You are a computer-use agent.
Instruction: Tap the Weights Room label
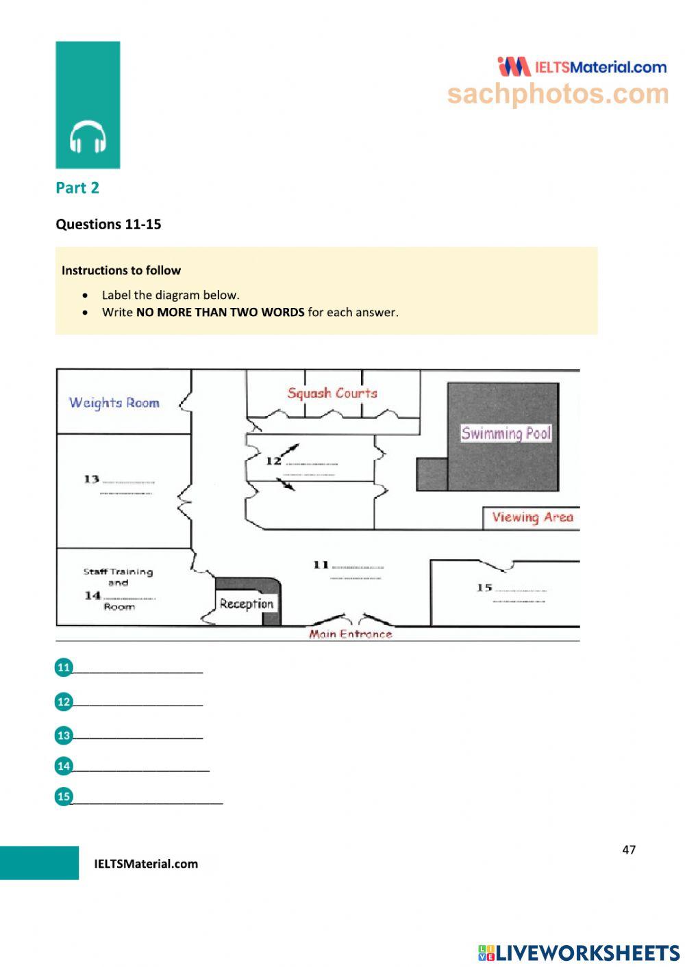[x=114, y=403]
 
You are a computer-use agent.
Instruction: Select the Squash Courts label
[x=332, y=394]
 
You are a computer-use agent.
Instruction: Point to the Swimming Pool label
[x=506, y=433]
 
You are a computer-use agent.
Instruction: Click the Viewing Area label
[x=532, y=518]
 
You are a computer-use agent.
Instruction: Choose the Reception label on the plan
[x=247, y=604]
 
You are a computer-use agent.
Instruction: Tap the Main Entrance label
[x=351, y=634]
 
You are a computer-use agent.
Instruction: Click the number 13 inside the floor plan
[x=92, y=479]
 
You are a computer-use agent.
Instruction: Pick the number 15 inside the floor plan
[x=484, y=587]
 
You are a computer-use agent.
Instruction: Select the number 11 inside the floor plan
[x=321, y=565]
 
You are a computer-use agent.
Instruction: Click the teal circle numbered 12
[x=64, y=701]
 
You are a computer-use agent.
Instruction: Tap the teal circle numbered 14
[x=64, y=766]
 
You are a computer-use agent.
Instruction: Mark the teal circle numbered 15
[x=64, y=796]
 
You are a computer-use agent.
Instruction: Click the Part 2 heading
[x=77, y=188]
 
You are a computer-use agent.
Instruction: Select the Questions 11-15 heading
[x=108, y=224]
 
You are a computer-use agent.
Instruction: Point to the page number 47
[x=629, y=850]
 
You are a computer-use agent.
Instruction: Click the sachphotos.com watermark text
[x=558, y=94]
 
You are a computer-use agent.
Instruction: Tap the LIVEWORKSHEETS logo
[x=579, y=953]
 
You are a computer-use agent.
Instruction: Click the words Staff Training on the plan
[x=119, y=572]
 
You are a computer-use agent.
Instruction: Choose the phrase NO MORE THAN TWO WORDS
[x=220, y=313]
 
